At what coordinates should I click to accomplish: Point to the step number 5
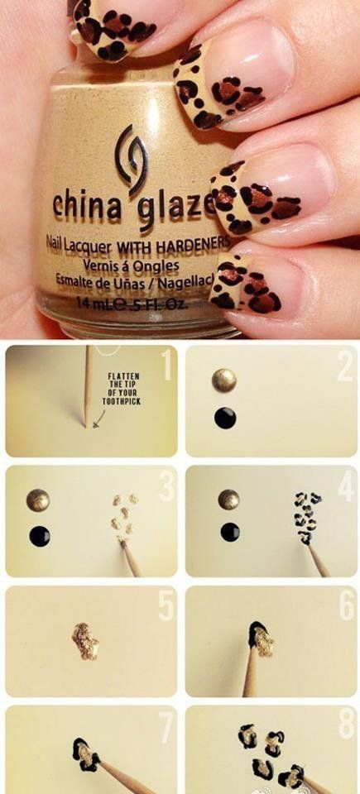tap(166, 606)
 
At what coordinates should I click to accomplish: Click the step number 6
tap(345, 607)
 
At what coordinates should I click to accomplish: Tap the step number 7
tap(166, 727)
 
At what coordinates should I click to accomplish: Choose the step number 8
tap(345, 727)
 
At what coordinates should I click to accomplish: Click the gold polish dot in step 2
tap(224, 380)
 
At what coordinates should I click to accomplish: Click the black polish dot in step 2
tap(225, 418)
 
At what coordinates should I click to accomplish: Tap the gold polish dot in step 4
tap(229, 499)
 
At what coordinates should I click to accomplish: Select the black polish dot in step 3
tap(39, 536)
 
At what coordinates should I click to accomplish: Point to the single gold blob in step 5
tap(85, 641)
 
